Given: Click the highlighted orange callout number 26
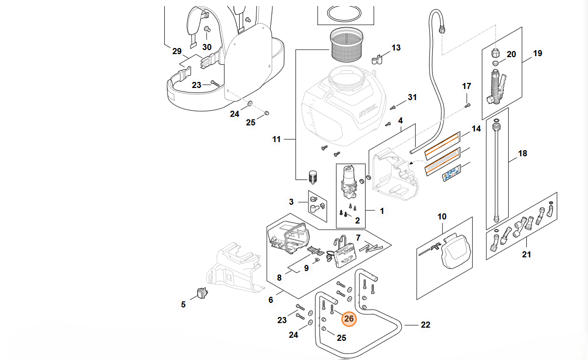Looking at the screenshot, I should tap(349, 319).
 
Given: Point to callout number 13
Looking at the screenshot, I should tap(396, 48).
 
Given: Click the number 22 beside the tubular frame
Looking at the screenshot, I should tap(426, 325).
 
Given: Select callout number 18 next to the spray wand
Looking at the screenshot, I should tap(523, 153).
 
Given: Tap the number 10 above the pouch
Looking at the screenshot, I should tap(442, 216).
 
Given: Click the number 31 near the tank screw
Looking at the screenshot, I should tap(413, 97).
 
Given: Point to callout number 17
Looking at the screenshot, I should tap(466, 86).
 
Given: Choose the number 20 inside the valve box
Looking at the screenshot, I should tap(511, 54).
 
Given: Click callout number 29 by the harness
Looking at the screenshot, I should tap(176, 51).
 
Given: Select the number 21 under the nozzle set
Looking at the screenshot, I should tap(527, 254).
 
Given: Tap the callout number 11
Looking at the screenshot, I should tap(276, 139).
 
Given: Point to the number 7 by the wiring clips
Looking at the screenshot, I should tap(358, 237).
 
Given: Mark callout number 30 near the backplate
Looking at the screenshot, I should tap(207, 47).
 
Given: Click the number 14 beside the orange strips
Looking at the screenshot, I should tap(476, 129).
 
